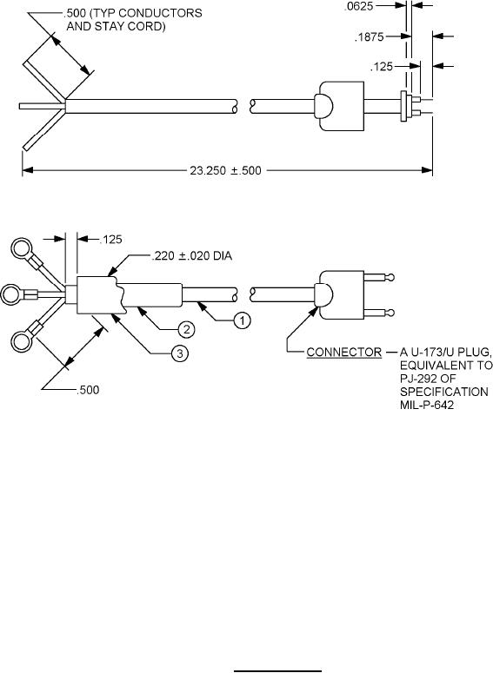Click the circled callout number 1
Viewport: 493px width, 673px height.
pyautogui.click(x=242, y=320)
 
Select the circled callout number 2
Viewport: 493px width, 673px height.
pyautogui.click(x=186, y=330)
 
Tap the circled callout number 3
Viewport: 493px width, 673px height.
pyautogui.click(x=180, y=353)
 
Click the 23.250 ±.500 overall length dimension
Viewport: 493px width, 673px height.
pyautogui.click(x=225, y=171)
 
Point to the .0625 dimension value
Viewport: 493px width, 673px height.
pyautogui.click(x=358, y=6)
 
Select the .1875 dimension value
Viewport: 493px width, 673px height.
pyautogui.click(x=369, y=37)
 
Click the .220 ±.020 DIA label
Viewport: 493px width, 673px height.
pyautogui.click(x=191, y=256)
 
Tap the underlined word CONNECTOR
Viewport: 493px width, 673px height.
pyautogui.click(x=343, y=353)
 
